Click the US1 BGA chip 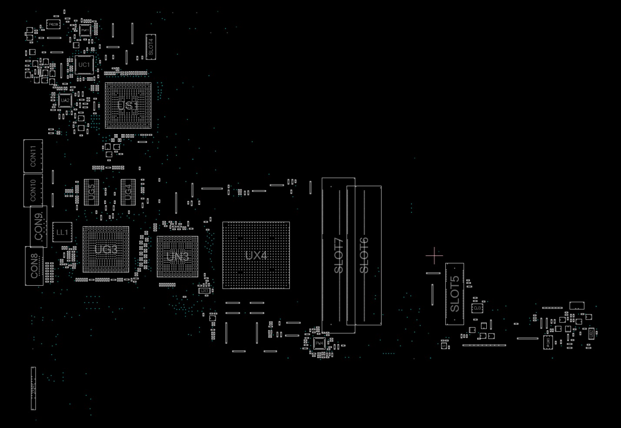tap(128, 105)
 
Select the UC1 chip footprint tap(84, 65)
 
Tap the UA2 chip tap(65, 100)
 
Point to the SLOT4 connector tap(151, 47)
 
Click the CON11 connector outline tap(33, 156)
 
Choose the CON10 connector tap(33, 190)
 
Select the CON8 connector tap(34, 266)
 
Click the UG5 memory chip tap(91, 192)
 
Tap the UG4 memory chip tap(128, 192)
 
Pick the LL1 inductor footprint tap(62, 232)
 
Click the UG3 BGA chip tap(106, 250)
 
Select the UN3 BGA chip tap(177, 257)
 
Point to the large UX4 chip tap(256, 255)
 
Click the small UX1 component tap(204, 290)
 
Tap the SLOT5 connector tap(455, 294)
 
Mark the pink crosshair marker tap(434, 256)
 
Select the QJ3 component tap(477, 308)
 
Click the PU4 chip tap(319, 343)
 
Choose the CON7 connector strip tap(33, 388)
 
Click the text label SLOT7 tap(339, 256)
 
